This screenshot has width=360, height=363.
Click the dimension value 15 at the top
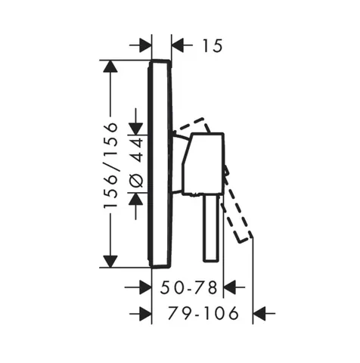213,46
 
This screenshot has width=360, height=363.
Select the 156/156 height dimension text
111,165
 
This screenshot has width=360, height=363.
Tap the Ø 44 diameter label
137,163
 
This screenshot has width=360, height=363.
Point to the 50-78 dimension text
188,287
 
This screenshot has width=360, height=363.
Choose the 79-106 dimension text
203,313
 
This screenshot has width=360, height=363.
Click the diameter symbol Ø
137,181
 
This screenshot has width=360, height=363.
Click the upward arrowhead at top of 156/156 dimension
110,67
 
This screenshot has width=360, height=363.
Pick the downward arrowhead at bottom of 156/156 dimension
110,262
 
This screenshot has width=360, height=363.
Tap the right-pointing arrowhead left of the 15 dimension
145,45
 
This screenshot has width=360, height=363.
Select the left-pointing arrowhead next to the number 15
178,45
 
